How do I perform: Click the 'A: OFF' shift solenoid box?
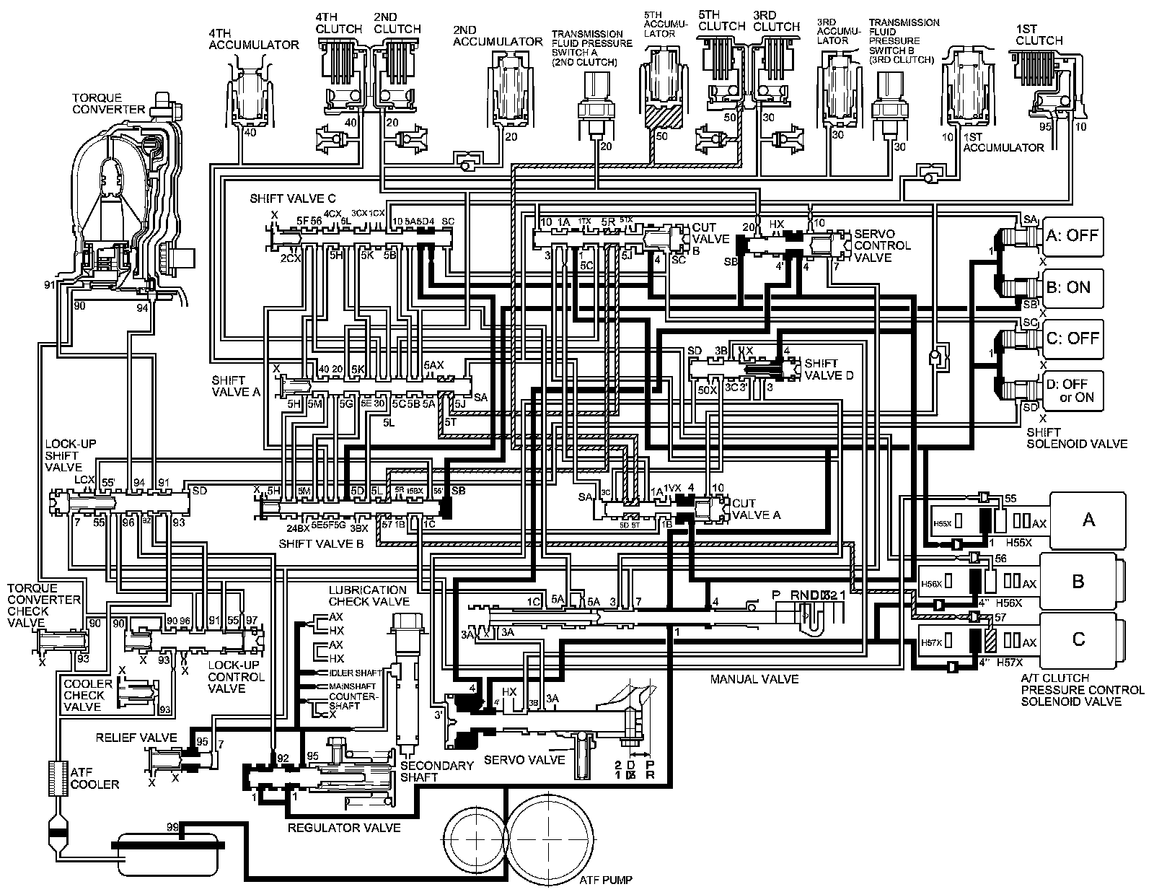pyautogui.click(x=1072, y=236)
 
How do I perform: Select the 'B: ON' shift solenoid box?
pyautogui.click(x=1072, y=287)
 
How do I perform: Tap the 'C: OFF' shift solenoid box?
pyautogui.click(x=1072, y=338)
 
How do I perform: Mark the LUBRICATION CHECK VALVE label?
pyautogui.click(x=369, y=595)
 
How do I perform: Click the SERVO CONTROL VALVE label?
pyautogui.click(x=881, y=246)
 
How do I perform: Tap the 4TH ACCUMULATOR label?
pyautogui.click(x=253, y=39)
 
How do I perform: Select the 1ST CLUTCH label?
pyautogui.click(x=1039, y=34)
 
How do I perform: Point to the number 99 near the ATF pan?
pyautogui.click(x=172, y=826)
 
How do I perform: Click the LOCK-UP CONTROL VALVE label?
pyautogui.click(x=236, y=677)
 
